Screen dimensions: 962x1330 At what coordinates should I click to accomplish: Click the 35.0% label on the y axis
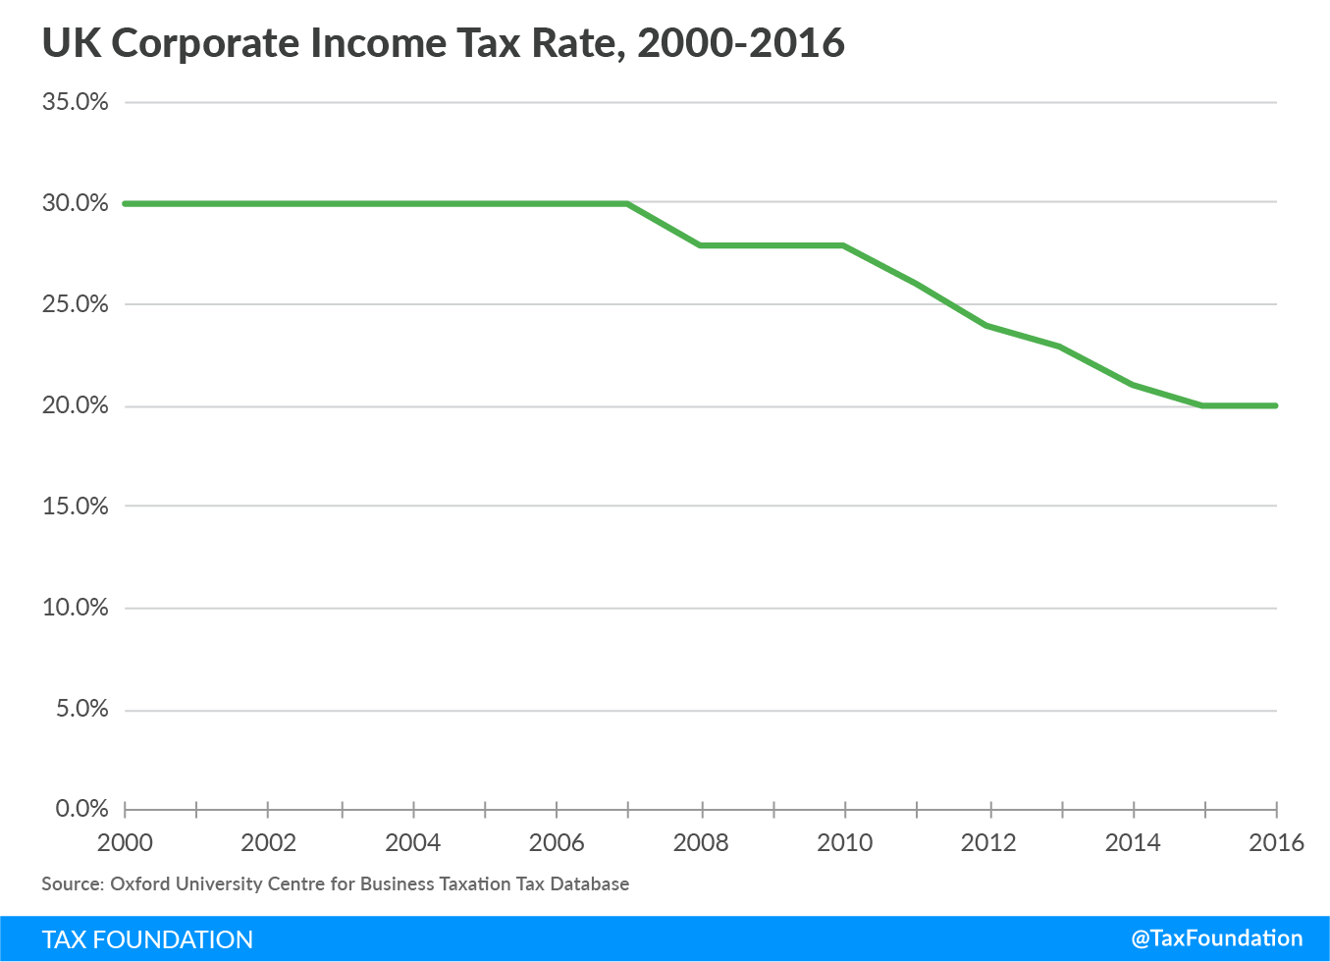point(75,102)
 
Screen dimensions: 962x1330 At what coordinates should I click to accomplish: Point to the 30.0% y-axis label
point(75,203)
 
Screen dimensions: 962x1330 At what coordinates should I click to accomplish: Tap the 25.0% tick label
point(75,304)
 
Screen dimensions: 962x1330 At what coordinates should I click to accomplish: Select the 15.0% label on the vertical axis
point(75,507)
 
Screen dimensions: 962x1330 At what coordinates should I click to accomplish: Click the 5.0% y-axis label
point(81,709)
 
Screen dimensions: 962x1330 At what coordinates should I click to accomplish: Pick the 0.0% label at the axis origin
point(81,809)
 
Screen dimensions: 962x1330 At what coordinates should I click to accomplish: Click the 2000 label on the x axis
point(126,842)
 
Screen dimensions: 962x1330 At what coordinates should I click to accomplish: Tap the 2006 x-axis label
point(557,842)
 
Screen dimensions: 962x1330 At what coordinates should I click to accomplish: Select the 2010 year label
point(845,842)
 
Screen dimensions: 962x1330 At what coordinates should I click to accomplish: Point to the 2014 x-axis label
point(1133,842)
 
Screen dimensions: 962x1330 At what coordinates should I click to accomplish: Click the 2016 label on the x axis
point(1276,842)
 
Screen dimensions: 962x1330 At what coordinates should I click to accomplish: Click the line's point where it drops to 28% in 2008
point(701,244)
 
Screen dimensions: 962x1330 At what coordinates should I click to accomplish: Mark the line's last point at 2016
point(1275,405)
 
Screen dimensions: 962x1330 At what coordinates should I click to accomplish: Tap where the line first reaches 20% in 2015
point(1204,405)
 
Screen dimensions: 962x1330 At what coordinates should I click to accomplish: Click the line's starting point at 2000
point(126,203)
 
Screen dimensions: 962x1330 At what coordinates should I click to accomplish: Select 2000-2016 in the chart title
point(741,44)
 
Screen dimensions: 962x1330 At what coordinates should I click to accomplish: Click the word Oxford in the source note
point(139,883)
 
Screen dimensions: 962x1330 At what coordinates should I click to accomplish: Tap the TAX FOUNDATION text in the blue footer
point(147,939)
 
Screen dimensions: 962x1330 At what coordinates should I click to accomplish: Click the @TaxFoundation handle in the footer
point(1217,938)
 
